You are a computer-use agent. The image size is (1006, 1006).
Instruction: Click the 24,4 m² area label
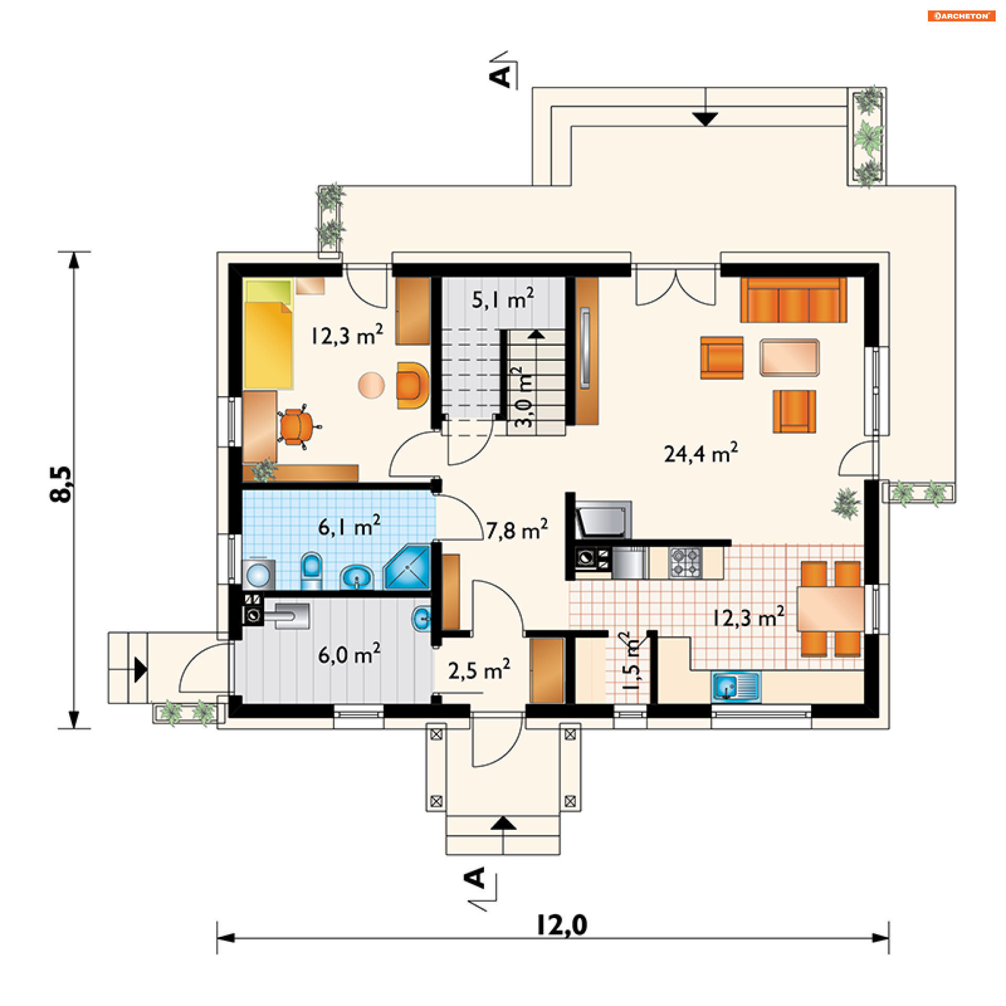coord(701,453)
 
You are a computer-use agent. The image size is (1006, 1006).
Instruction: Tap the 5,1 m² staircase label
coord(503,299)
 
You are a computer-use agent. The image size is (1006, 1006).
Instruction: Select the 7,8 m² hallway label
coord(517,530)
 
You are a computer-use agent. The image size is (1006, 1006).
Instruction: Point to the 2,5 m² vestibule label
coord(479,670)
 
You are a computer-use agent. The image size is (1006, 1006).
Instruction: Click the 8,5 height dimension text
coord(61,484)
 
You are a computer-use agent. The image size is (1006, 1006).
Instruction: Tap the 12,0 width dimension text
coord(562,925)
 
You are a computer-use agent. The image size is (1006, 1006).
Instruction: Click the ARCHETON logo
coord(961,16)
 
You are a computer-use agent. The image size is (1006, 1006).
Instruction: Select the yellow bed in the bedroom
coord(268,334)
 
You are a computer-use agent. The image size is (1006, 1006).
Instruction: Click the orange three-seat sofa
coord(793,300)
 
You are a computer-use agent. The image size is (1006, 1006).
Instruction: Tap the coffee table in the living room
coord(790,357)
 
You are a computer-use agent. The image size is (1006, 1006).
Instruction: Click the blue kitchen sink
coord(736,686)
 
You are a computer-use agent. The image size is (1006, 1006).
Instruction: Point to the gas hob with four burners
coord(685,562)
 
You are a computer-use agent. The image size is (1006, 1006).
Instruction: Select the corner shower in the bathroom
coord(407,567)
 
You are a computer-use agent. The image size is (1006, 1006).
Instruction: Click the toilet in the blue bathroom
coord(312,571)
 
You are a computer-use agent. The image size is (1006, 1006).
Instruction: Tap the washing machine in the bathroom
coord(258,574)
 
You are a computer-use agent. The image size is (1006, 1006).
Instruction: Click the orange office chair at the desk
coord(297,426)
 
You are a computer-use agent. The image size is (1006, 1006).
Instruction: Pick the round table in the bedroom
coord(371,385)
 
